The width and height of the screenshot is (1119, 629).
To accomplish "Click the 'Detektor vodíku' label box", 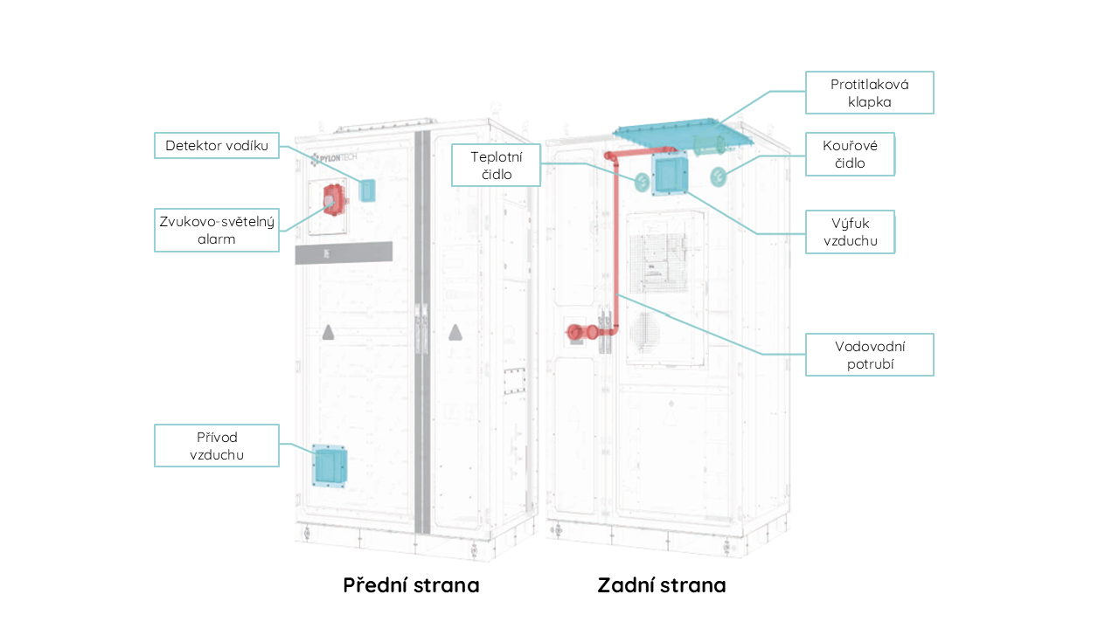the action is (216, 145).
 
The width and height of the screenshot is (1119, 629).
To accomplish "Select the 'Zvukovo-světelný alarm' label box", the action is (216, 230).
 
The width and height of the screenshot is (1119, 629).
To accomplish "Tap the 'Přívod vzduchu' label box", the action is (216, 446).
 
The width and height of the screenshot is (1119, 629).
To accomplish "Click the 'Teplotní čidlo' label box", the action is (496, 165).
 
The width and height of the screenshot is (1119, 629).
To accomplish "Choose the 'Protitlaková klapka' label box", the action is (870, 93).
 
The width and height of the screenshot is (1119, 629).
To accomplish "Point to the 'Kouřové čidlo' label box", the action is (850, 155).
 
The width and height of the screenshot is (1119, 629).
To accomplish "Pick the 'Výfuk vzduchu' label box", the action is (850, 232).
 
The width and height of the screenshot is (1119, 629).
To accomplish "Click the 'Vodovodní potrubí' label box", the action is (870, 355).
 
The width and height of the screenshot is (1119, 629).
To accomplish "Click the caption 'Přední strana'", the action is (411, 585).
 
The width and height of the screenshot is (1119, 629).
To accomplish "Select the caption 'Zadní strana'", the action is (662, 585).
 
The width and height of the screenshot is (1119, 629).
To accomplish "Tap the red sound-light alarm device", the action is (334, 200).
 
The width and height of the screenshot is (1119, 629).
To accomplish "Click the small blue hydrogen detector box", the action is (367, 190).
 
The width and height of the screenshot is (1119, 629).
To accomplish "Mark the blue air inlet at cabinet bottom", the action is (330, 466).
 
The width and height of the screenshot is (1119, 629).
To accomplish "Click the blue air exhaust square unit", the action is (670, 174).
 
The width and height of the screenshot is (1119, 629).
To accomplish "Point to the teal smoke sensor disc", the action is (719, 176).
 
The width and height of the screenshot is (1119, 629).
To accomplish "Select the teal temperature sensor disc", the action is (642, 182).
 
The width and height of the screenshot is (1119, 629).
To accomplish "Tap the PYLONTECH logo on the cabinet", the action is (334, 158).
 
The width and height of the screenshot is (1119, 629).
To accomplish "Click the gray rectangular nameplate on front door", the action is (344, 253).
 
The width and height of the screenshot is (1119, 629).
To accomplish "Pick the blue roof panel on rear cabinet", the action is (683, 134).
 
